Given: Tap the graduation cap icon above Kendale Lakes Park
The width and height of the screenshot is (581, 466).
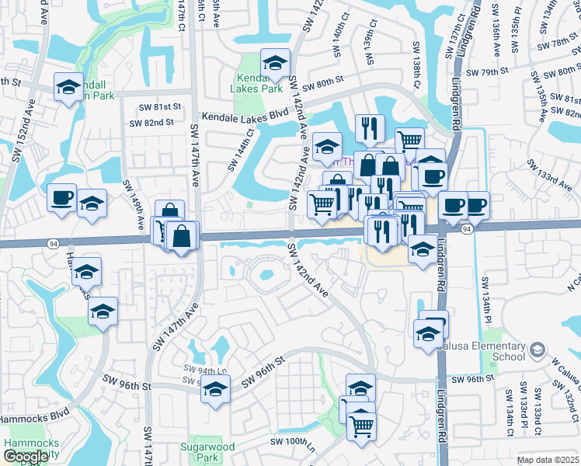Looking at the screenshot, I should [275, 63].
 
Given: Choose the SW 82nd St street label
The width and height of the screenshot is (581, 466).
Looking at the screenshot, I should [151, 123].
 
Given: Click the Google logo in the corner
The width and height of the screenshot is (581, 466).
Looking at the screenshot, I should [26, 457].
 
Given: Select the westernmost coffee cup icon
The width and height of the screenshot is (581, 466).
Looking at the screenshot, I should [61, 197].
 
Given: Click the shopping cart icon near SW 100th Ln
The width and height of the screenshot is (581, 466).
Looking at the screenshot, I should [360, 425].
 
